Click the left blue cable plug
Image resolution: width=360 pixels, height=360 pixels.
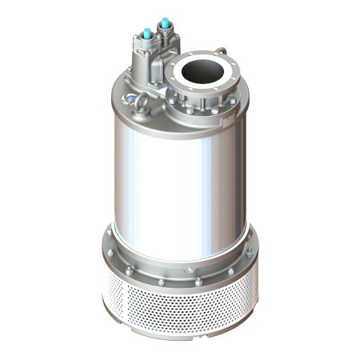pos(150,34)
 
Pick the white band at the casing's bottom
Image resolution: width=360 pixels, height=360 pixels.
pos(180,234)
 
